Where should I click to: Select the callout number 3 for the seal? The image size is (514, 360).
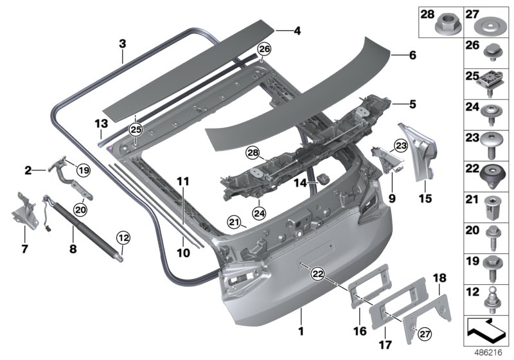tap(122, 44)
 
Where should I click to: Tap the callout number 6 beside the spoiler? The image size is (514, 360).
tap(412, 56)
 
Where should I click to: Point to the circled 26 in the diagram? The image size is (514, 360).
tap(265, 49)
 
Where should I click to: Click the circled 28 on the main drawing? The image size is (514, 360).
tap(253, 153)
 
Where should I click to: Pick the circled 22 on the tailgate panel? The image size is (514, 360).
tap(317, 274)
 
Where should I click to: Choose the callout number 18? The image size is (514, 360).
tap(439, 278)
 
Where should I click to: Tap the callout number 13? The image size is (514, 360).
tap(100, 123)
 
